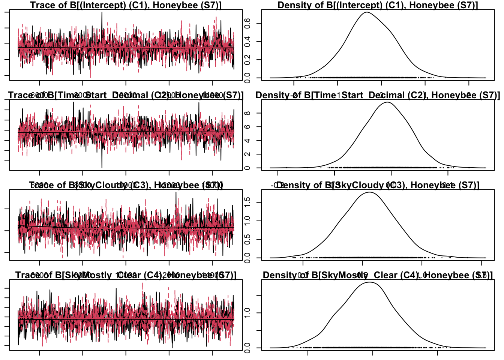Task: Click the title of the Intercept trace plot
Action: (x=126, y=5)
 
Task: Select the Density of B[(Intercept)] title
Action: (x=378, y=5)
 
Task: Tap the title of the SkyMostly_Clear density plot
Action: (x=378, y=275)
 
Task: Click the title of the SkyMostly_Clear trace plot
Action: (x=126, y=275)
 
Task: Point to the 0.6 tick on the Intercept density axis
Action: (x=247, y=23)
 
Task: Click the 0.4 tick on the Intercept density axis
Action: (x=247, y=41)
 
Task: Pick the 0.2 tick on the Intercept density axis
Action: (x=247, y=60)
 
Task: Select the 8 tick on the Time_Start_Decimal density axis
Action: (x=247, y=113)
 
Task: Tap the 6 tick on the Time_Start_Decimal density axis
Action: (x=247, y=127)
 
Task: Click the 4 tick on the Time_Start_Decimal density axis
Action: (x=247, y=141)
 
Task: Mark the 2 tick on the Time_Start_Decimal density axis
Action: (x=247, y=154)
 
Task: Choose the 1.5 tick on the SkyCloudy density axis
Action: (x=247, y=202)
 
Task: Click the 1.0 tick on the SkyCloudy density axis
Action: (x=247, y=221)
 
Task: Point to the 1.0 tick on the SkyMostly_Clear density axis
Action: (x=247, y=313)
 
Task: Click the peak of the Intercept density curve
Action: (x=366, y=12)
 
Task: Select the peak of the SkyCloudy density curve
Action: (x=370, y=192)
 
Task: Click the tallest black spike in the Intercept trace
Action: (x=102, y=12)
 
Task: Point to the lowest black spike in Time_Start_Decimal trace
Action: (x=102, y=167)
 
